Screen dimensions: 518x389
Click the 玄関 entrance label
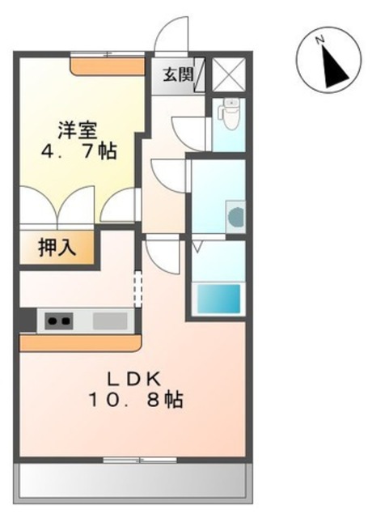[x=178, y=76]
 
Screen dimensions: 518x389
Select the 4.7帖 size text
[x=79, y=151]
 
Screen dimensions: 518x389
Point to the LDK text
[x=133, y=378]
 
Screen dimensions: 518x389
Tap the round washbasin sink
[x=235, y=217]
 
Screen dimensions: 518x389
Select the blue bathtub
[x=218, y=298]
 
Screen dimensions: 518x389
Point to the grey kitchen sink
[x=111, y=321]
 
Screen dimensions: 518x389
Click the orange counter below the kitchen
[x=78, y=343]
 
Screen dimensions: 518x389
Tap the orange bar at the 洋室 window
[x=108, y=65]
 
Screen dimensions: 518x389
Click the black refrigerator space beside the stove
[x=27, y=321]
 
